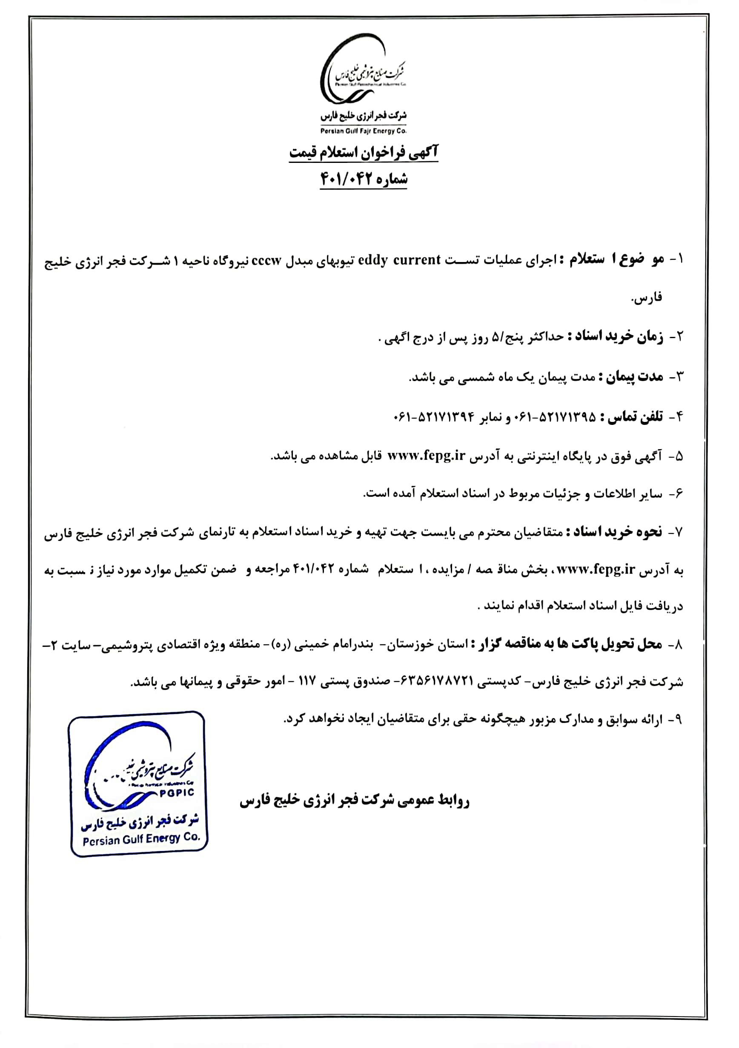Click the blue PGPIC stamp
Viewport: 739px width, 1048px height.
(138, 783)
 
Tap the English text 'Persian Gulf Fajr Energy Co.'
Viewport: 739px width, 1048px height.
(363, 131)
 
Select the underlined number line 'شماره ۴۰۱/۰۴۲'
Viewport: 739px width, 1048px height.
(364, 179)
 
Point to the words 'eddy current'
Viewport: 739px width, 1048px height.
(399, 260)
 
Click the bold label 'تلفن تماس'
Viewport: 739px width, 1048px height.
(632, 417)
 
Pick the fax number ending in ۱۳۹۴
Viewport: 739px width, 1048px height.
(434, 417)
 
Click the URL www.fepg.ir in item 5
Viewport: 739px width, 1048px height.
(426, 456)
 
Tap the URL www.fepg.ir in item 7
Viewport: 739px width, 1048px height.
(596, 570)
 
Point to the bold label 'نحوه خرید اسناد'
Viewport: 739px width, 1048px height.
(615, 532)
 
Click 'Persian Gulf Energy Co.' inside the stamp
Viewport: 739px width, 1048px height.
(142, 838)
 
